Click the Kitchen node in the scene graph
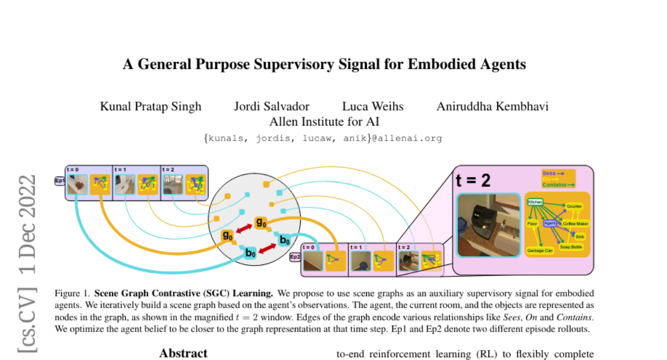click(535, 202)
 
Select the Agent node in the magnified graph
click(550, 223)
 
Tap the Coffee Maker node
click(575, 224)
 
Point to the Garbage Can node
click(539, 251)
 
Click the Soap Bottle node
click(571, 246)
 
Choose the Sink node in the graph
click(580, 236)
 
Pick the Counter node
click(574, 206)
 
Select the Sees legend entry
click(552, 173)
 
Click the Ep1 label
click(59, 181)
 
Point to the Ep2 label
click(295, 257)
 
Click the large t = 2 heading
click(473, 181)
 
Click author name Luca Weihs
click(373, 106)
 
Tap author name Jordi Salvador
click(272, 106)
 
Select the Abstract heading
click(183, 353)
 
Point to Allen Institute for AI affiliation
click(324, 121)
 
